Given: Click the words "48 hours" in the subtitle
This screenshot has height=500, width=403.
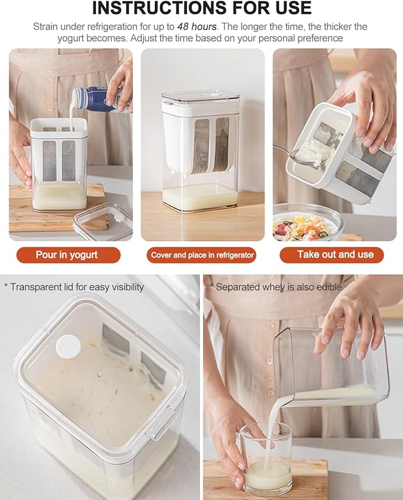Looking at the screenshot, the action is coord(196,26).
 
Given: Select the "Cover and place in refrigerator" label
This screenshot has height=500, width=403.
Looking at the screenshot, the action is coord(202,255).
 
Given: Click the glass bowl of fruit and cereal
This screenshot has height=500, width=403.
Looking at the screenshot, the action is coord(307,222).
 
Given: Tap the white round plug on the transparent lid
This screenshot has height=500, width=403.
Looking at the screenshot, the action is coord(68,346).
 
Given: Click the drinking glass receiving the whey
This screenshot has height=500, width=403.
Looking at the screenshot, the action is coord(266,460).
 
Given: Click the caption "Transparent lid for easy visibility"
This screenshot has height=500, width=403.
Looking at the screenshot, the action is coord(77,287).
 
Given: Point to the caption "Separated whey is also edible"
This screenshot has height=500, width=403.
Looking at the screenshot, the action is coord(278,287).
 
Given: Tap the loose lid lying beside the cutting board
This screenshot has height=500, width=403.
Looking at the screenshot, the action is coord(104,221).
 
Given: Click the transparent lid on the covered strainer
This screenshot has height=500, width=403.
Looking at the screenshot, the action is coord(201,97).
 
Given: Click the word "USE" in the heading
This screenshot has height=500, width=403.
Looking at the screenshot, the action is coord(294,8).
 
